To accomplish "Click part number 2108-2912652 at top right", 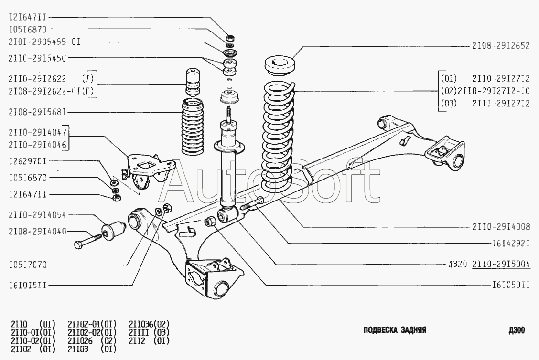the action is coord(500,46).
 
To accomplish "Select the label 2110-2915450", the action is coord(37,58).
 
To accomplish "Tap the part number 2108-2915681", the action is coord(37,112).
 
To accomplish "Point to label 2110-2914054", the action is coord(37,216).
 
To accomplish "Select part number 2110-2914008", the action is coord(500,227).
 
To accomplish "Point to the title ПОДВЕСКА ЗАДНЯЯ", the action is coord(394,330).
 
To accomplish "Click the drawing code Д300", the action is coord(517,330).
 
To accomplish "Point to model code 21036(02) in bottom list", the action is coord(149,324).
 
